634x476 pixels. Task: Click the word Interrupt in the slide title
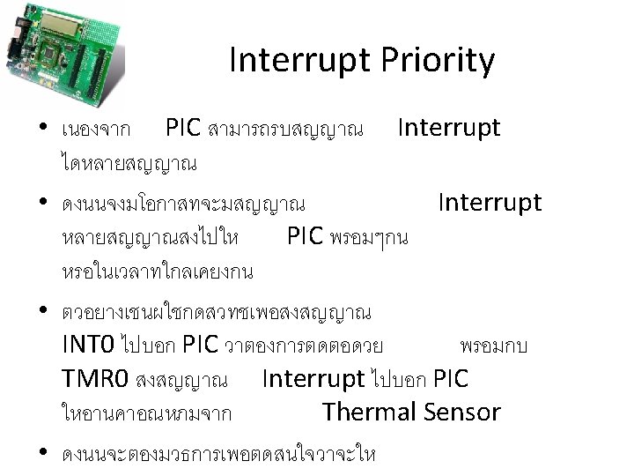[x=300, y=61]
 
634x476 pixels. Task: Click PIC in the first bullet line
[x=183, y=129]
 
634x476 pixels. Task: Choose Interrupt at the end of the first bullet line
[x=448, y=128]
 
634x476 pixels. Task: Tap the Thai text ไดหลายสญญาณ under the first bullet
[x=129, y=163]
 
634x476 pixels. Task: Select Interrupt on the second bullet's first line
[x=490, y=204]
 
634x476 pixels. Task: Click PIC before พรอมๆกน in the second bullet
[x=305, y=237]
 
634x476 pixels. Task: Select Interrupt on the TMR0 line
[x=313, y=379]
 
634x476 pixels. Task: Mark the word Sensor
[x=463, y=412]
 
